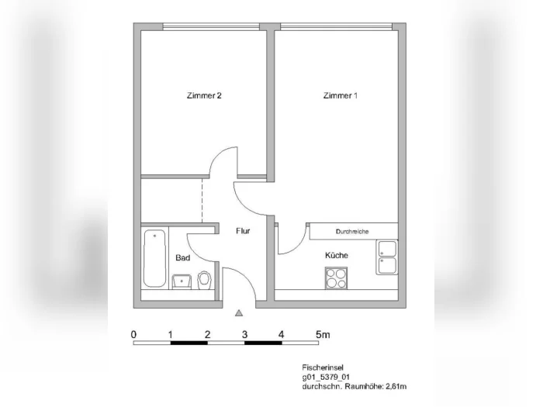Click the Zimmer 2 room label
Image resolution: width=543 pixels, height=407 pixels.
coord(204,95)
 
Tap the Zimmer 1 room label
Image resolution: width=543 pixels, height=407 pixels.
coord(340,95)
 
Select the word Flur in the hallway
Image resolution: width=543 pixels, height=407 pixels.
coord(243,231)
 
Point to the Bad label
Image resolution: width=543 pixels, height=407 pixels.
coord(183,258)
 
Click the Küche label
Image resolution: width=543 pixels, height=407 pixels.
coord(337,255)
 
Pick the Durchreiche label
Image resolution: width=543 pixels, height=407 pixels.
coord(352,232)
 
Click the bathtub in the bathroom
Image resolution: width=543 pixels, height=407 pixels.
coord(154,258)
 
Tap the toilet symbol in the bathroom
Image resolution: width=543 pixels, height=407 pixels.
coord(204,281)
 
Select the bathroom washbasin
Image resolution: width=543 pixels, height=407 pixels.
coord(182,281)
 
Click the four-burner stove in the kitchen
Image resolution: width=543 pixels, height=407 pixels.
coord(336,278)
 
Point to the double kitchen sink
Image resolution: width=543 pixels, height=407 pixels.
coord(387,257)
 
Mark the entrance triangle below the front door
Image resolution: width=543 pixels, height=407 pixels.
coord(239,313)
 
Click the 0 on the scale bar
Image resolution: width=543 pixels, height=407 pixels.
coord(133,335)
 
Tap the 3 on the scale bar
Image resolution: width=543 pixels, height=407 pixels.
coord(245,335)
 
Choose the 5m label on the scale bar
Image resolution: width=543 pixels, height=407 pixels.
coord(323,335)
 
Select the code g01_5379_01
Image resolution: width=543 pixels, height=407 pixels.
coord(326,377)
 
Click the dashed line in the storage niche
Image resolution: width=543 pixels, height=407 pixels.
coord(202,201)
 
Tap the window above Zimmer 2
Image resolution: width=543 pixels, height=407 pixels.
coord(211,26)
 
